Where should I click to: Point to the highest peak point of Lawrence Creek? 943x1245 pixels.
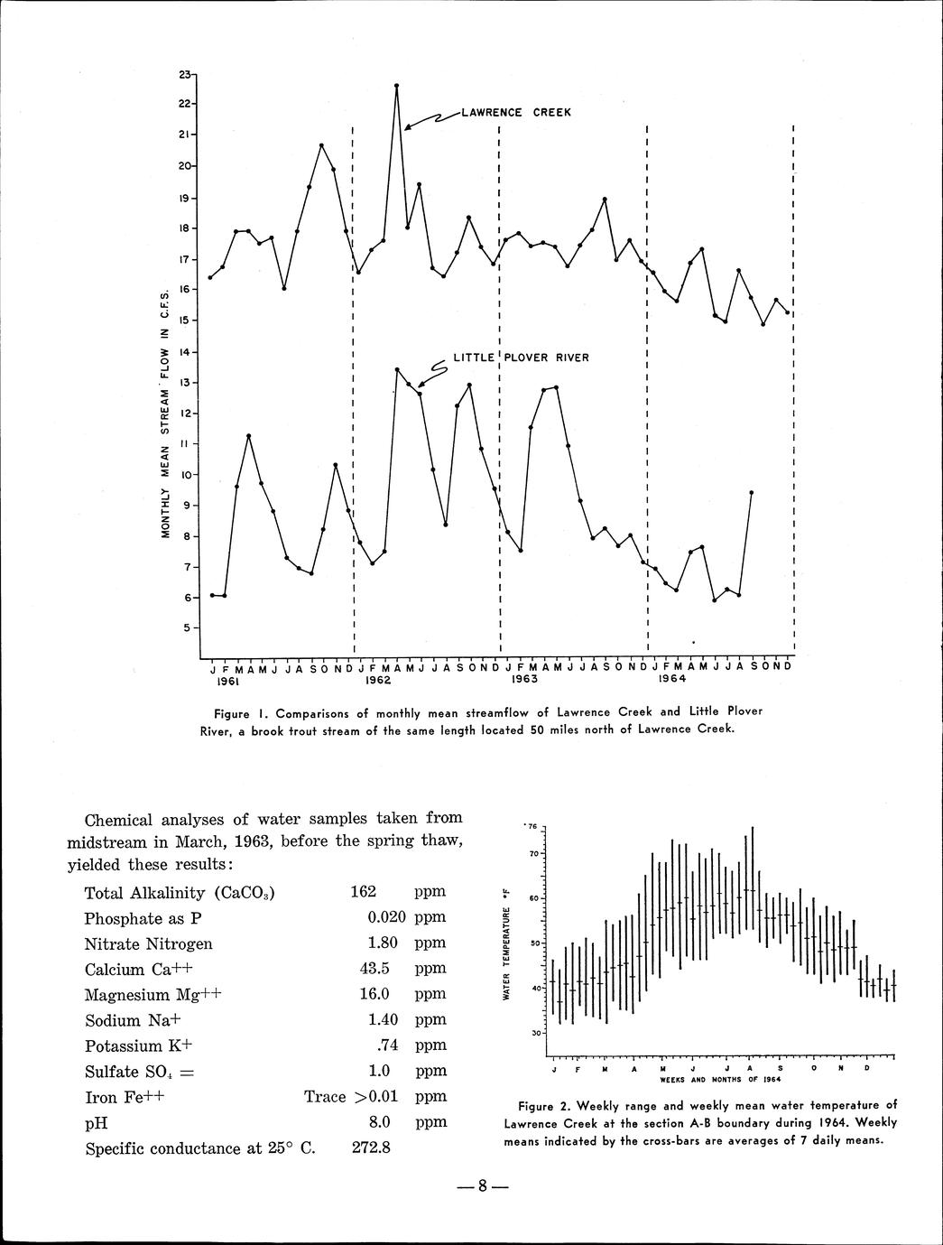[397, 86]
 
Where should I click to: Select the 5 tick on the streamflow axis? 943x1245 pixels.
[186, 627]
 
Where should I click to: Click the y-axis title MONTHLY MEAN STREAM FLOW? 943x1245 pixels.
[166, 413]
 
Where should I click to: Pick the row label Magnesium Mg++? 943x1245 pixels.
[152, 995]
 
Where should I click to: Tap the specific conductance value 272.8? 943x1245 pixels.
[370, 1149]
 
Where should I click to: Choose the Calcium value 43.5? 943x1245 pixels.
[374, 969]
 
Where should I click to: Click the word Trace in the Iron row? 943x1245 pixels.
[325, 1097]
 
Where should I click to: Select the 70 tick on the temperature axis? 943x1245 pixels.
[534, 853]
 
